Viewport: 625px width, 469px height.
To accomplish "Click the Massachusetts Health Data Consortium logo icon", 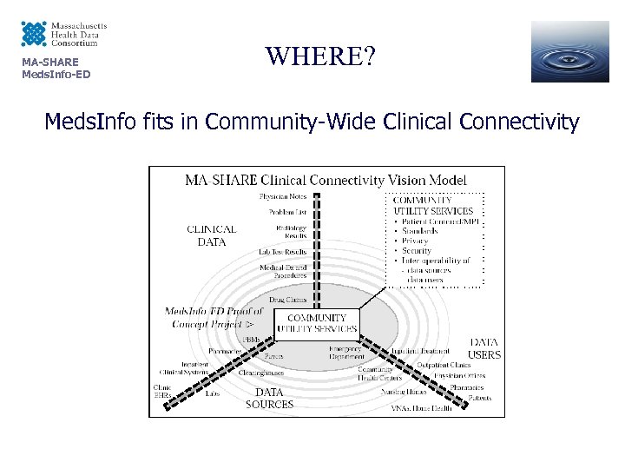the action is pyautogui.click(x=33, y=35).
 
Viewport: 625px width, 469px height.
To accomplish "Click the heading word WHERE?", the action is pyautogui.click(x=321, y=57).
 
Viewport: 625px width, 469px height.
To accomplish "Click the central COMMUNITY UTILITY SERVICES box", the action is pyautogui.click(x=317, y=324).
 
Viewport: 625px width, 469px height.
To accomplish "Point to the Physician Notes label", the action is pyautogui.click(x=284, y=196).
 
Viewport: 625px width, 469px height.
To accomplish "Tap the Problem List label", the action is pyautogui.click(x=288, y=211).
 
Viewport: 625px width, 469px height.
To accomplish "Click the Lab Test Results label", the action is pyautogui.click(x=283, y=251).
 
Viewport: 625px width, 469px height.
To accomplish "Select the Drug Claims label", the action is pyautogui.click(x=288, y=300).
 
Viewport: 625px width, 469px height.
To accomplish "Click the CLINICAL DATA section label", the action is pyautogui.click(x=211, y=236).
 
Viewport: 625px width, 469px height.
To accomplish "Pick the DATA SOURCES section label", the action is pyautogui.click(x=269, y=398).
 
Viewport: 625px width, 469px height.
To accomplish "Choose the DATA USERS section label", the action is pyautogui.click(x=484, y=348).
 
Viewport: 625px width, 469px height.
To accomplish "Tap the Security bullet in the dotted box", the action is pyautogui.click(x=417, y=250).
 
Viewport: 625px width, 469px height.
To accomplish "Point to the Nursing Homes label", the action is pyautogui.click(x=405, y=392).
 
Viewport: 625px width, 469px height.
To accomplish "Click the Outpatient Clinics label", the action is pyautogui.click(x=444, y=364).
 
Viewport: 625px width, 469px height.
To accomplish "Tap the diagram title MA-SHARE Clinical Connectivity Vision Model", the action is pyautogui.click(x=326, y=181).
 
